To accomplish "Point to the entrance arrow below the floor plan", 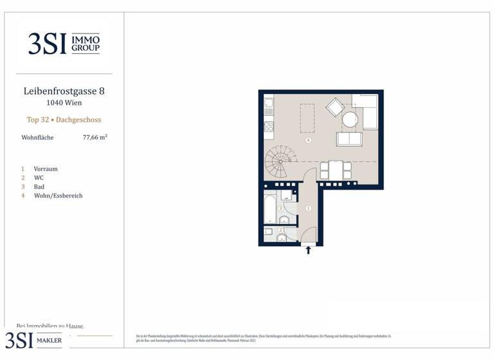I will tap(308, 250).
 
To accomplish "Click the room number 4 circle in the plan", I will tap(309, 140).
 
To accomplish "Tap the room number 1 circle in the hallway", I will tap(309, 208).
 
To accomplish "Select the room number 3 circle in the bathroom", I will tap(280, 208).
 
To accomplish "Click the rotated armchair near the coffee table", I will tap(335, 107).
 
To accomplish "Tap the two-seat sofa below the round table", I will tap(349, 139).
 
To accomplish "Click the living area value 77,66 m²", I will tap(95, 138).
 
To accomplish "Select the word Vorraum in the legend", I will tap(45, 169).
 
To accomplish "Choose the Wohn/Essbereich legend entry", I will tap(58, 196).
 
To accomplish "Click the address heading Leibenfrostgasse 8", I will tap(64, 91).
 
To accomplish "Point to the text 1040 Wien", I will tap(64, 103).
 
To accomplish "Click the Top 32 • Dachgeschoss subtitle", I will tap(64, 120).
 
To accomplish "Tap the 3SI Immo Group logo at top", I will tap(64, 43).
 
